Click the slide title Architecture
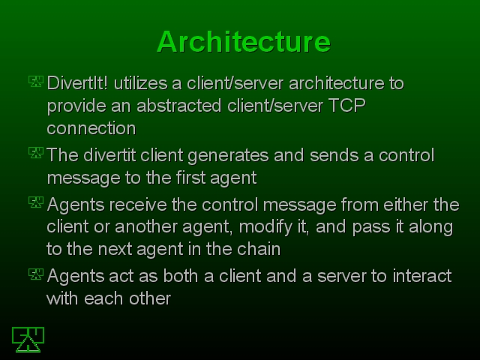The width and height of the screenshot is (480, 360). (x=244, y=42)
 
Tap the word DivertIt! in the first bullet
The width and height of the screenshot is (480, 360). (x=77, y=83)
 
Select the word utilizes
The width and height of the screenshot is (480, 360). (x=140, y=83)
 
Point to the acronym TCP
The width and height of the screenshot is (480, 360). (x=346, y=106)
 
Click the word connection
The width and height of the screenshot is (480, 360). (x=91, y=128)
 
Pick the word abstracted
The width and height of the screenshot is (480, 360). (x=179, y=106)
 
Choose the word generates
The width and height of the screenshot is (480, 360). (x=228, y=155)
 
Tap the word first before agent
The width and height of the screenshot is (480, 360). (x=191, y=178)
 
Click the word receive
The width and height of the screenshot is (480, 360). (x=138, y=205)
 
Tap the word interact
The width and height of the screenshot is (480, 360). (x=422, y=276)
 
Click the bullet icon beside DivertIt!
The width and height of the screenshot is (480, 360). (x=36, y=82)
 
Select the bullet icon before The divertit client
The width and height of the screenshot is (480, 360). (x=36, y=153)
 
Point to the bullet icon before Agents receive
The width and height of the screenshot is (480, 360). (x=36, y=202)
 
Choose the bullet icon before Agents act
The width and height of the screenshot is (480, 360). (x=36, y=274)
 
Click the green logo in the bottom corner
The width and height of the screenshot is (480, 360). (x=28, y=340)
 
